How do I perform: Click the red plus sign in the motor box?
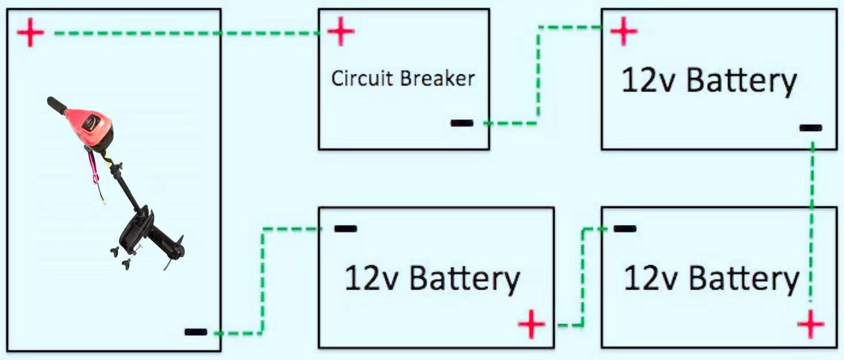30,33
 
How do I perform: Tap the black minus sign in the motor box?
195,332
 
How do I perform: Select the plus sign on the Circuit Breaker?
341,31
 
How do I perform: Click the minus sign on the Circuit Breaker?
462,122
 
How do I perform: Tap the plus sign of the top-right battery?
624,31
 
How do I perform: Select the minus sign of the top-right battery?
811,128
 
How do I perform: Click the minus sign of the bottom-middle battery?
345,228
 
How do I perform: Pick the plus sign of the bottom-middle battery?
532,325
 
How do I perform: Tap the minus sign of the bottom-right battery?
624,228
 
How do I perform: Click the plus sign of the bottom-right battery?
811,325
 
